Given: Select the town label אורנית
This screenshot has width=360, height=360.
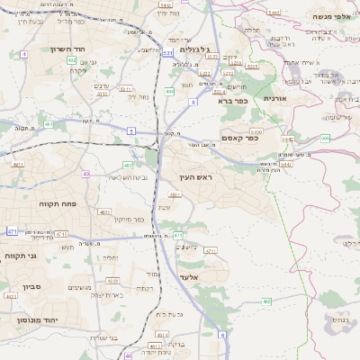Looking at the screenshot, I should [x=274, y=96].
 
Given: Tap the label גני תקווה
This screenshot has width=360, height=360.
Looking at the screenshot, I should [x=21, y=256].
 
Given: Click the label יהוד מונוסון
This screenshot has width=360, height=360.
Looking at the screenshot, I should [x=35, y=319].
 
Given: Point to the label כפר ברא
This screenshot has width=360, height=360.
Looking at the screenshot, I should [x=232, y=102].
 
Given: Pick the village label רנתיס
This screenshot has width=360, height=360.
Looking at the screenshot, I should [x=339, y=319].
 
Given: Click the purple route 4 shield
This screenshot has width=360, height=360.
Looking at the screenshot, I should [x=22, y=55].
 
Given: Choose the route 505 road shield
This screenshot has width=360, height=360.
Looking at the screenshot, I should [x=325, y=139].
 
